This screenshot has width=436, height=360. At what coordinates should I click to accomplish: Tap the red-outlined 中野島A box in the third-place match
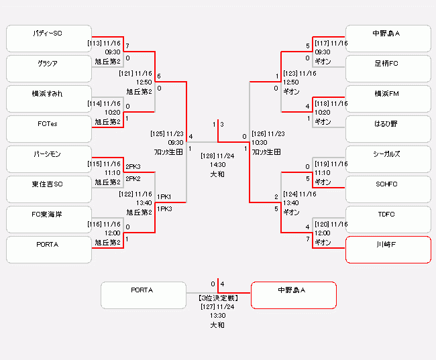(293, 296)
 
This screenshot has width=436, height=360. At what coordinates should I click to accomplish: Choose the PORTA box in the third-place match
(143, 296)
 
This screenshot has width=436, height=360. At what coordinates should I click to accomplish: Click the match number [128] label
(207, 156)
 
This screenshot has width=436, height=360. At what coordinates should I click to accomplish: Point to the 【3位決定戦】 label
(217, 298)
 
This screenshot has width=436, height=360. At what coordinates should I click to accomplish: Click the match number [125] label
(158, 133)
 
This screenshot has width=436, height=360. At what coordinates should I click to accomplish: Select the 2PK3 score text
(133, 167)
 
